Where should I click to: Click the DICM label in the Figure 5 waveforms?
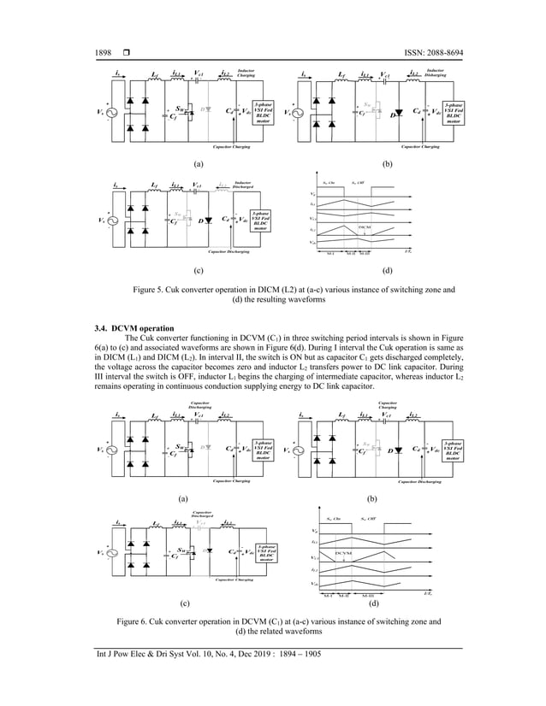pyautogui.click(x=365, y=225)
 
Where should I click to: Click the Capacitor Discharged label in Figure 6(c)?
pyautogui.click(x=202, y=515)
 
